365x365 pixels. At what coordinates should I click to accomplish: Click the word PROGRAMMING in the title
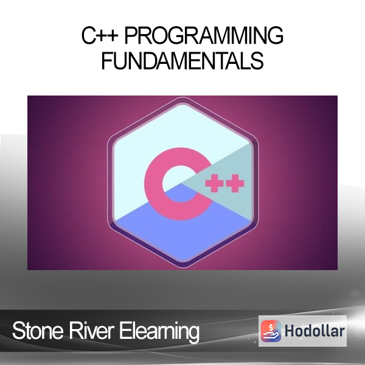click(x=204, y=35)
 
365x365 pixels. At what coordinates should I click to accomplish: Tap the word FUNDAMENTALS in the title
click(x=182, y=60)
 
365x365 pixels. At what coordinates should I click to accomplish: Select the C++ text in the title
click(x=100, y=35)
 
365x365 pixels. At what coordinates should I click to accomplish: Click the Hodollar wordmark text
click(x=315, y=331)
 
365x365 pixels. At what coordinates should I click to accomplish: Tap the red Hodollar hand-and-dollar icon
click(x=271, y=331)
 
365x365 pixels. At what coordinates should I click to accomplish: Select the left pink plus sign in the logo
click(x=214, y=183)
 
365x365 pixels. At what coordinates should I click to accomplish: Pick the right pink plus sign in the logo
click(x=235, y=183)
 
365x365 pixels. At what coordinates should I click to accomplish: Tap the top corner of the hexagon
click(x=183, y=97)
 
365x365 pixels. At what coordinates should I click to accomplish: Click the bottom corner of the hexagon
click(x=183, y=268)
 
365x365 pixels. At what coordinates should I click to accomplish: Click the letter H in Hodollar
click(x=290, y=331)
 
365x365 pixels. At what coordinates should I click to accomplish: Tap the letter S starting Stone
click(x=18, y=331)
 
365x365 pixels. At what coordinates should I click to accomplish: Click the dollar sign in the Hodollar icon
click(x=271, y=328)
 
